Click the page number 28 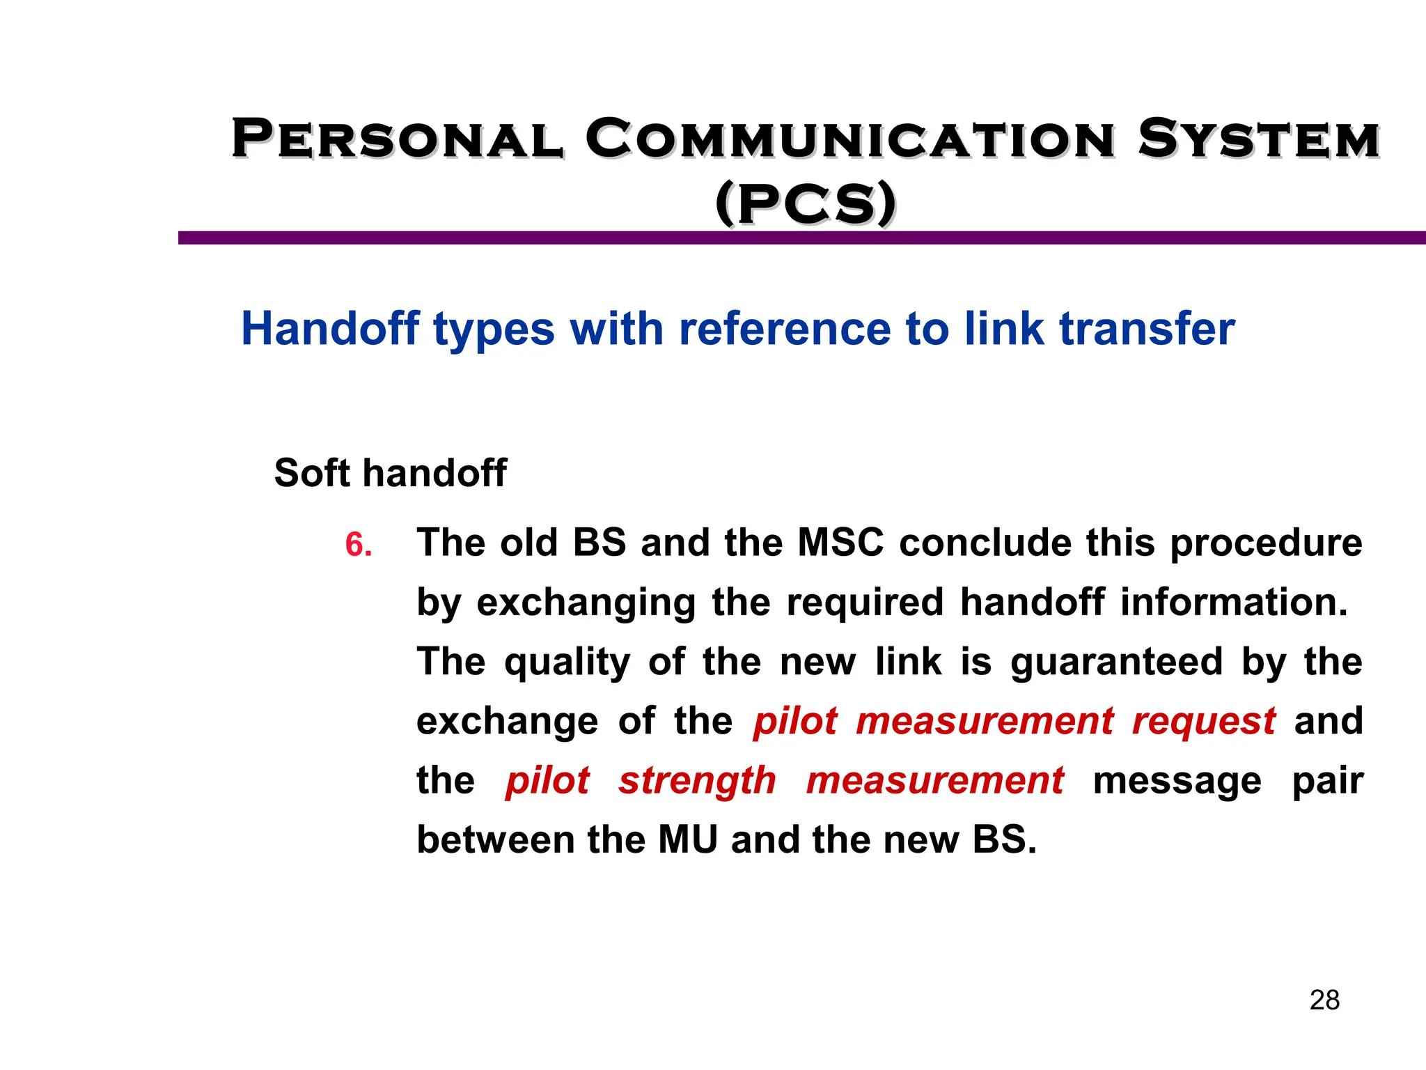click(x=1324, y=1000)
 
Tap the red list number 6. click(x=359, y=545)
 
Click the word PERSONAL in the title click(x=397, y=139)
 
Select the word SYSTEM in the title click(x=1259, y=139)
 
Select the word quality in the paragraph click(x=567, y=662)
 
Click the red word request click(x=1204, y=721)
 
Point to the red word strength click(x=697, y=780)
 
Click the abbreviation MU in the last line click(x=688, y=839)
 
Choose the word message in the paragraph click(x=1177, y=780)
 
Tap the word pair click(x=1327, y=782)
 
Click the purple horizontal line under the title click(x=801, y=238)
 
